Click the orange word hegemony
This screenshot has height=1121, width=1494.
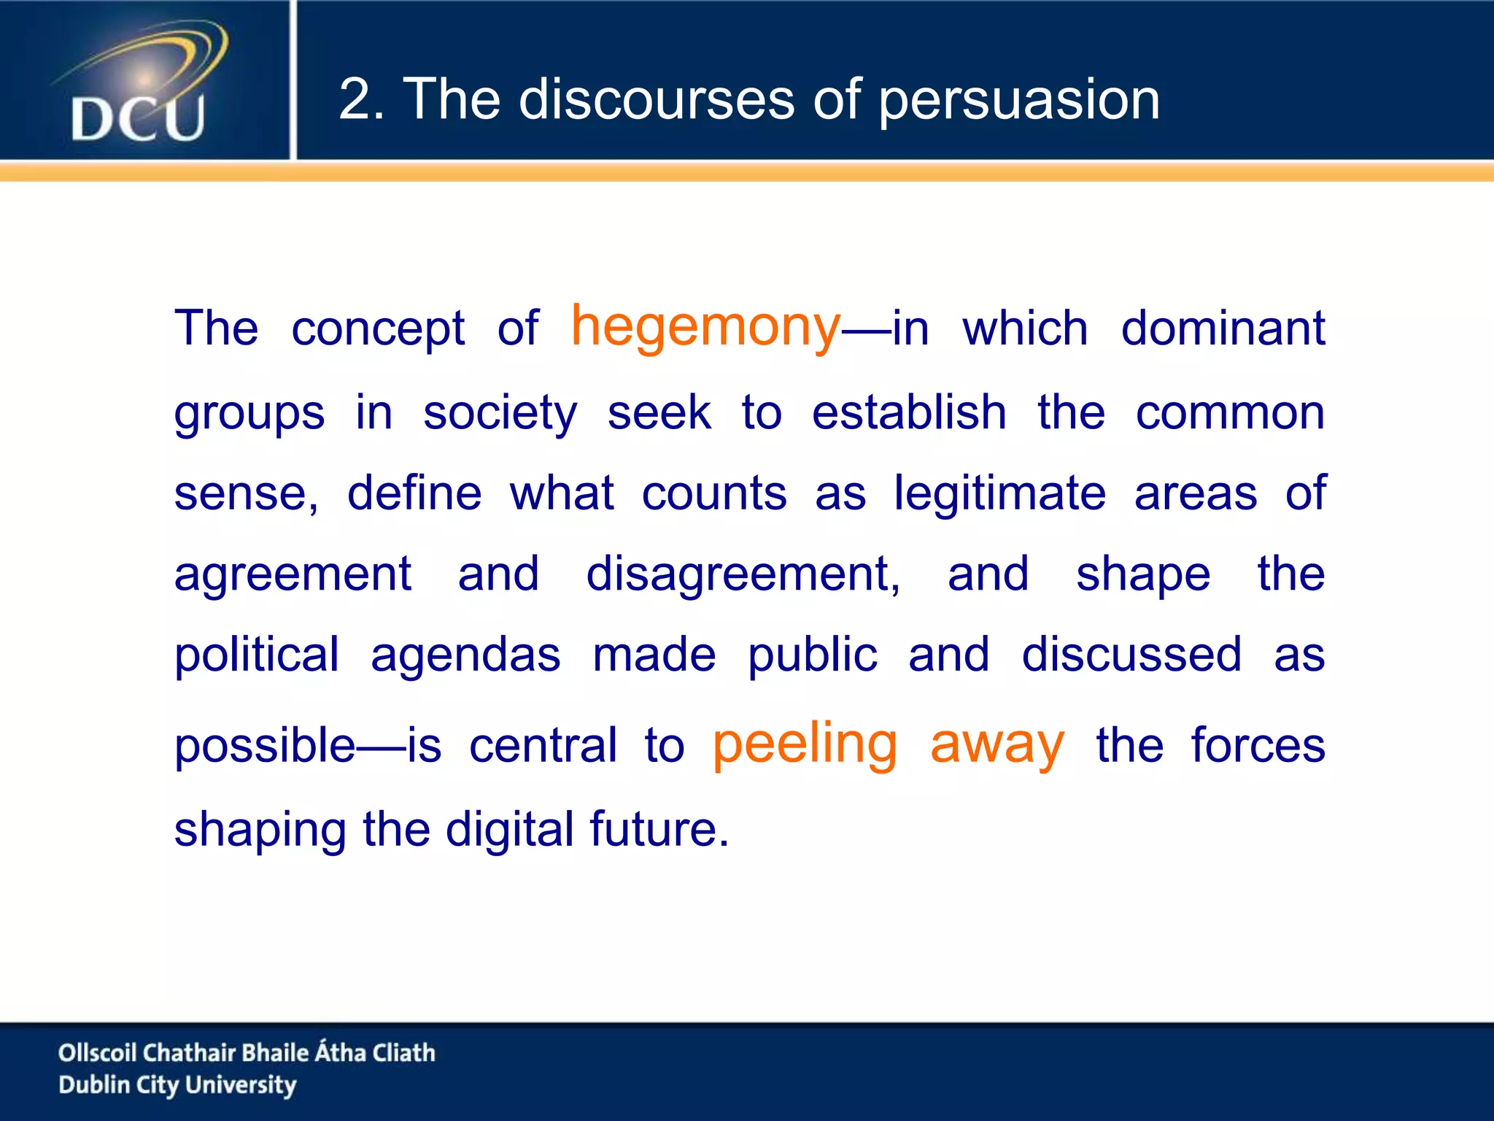pos(705,327)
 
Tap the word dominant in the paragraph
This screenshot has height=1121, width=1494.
pos(1223,328)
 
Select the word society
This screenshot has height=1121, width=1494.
pos(500,414)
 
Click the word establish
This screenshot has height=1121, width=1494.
pos(909,412)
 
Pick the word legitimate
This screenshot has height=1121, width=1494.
pos(1000,494)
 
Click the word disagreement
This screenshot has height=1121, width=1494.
pos(743,575)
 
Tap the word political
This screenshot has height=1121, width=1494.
pos(256,655)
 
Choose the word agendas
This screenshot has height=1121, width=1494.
pos(465,655)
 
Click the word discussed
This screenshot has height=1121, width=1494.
pos(1131,654)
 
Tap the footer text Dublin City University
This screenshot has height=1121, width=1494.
pos(177,1085)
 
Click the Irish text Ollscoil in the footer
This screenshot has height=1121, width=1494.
pos(97,1052)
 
